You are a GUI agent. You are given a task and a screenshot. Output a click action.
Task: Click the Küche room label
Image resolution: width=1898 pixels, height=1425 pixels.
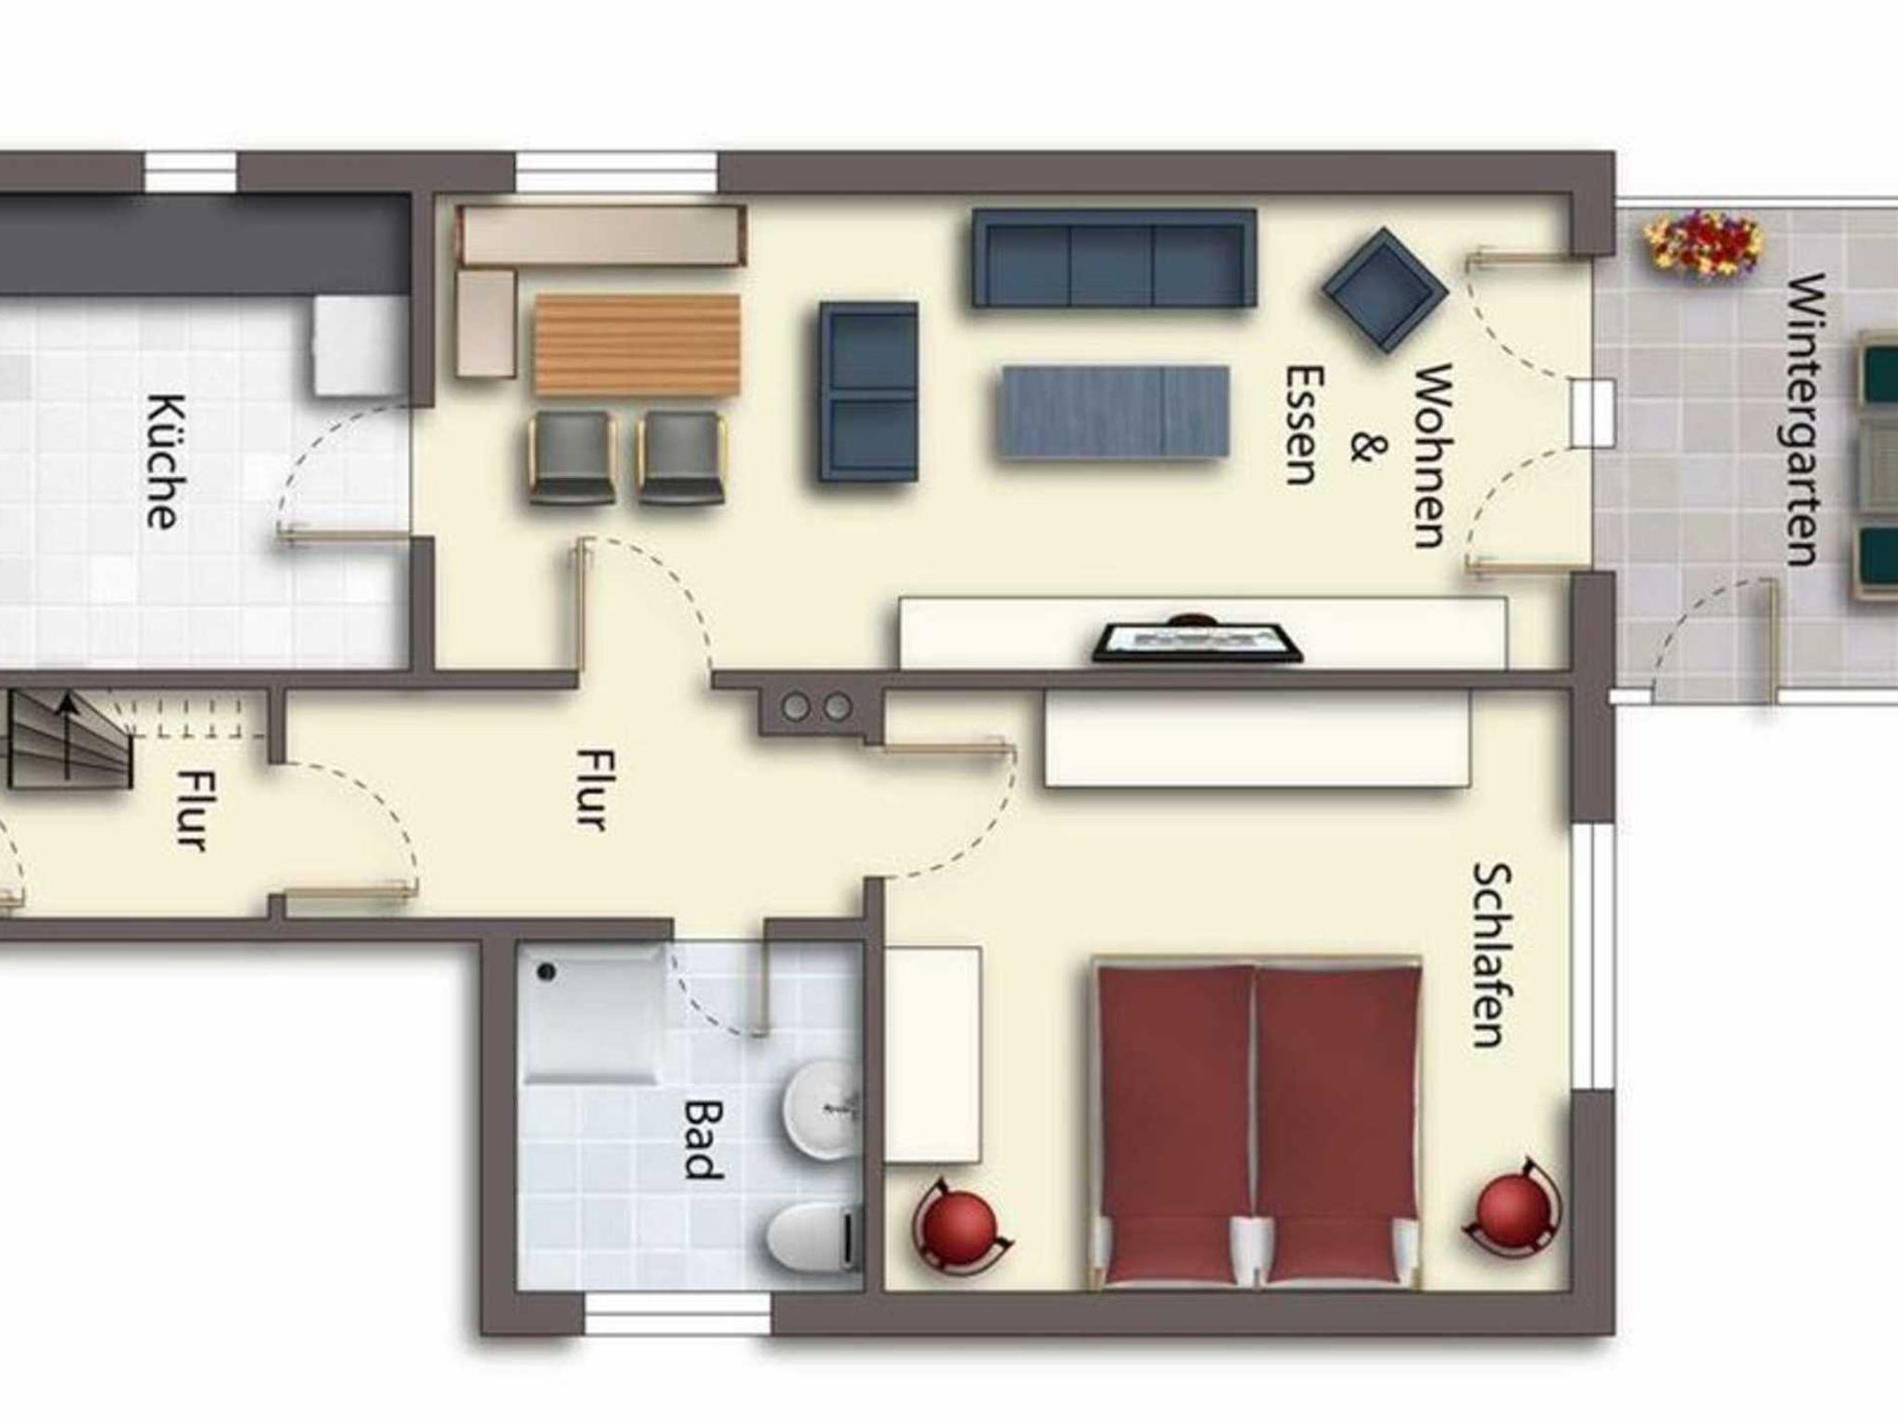tap(161, 461)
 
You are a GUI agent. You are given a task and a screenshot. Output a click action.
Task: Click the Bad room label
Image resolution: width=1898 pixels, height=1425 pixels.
tap(702, 1139)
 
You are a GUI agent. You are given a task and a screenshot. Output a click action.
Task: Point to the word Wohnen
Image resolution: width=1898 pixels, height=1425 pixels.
tap(1431, 456)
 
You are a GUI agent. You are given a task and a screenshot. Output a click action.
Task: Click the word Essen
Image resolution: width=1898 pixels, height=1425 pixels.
tap(1301, 425)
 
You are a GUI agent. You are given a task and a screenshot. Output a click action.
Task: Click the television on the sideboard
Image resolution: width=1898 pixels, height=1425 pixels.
tap(1197, 641)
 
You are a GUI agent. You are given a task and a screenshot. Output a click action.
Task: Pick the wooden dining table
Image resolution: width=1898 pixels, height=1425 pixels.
tap(637, 345)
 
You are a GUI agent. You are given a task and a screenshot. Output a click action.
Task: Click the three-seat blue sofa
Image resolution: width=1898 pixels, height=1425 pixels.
tap(1113, 258)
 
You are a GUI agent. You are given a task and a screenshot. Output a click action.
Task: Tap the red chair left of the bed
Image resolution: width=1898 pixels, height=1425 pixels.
tap(960, 1227)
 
